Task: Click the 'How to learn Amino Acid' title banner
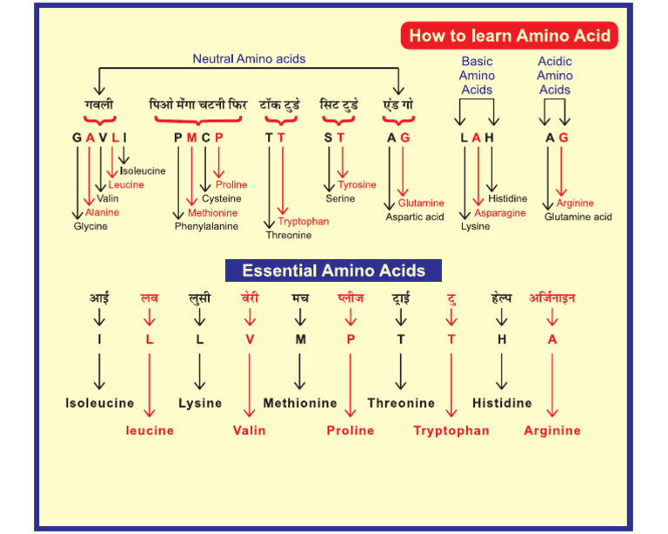click(511, 36)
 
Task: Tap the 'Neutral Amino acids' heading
click(249, 59)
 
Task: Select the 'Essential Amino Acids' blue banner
click(333, 270)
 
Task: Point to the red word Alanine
click(102, 212)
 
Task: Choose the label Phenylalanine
click(208, 226)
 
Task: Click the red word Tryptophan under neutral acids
click(304, 221)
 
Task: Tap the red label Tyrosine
click(357, 184)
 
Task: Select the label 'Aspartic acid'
click(415, 217)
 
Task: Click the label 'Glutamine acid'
click(578, 217)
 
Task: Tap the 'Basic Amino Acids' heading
click(477, 76)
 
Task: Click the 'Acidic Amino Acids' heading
click(555, 76)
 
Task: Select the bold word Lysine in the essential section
click(200, 404)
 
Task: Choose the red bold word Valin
click(250, 430)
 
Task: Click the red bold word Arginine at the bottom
click(552, 430)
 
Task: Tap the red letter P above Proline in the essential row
click(351, 339)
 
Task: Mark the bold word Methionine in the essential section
click(300, 404)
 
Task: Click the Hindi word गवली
click(99, 105)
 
